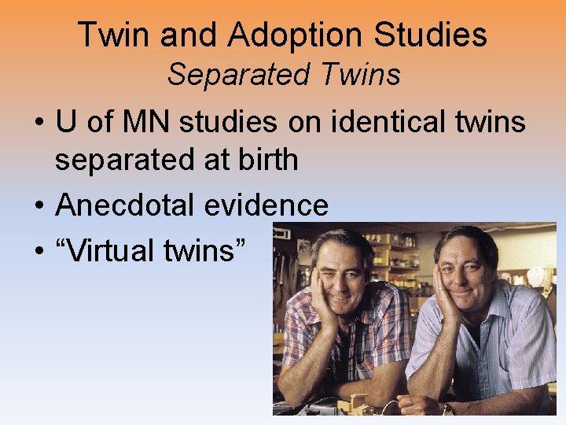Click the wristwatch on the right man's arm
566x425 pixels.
[x=447, y=408]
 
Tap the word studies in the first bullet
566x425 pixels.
[x=228, y=122]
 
